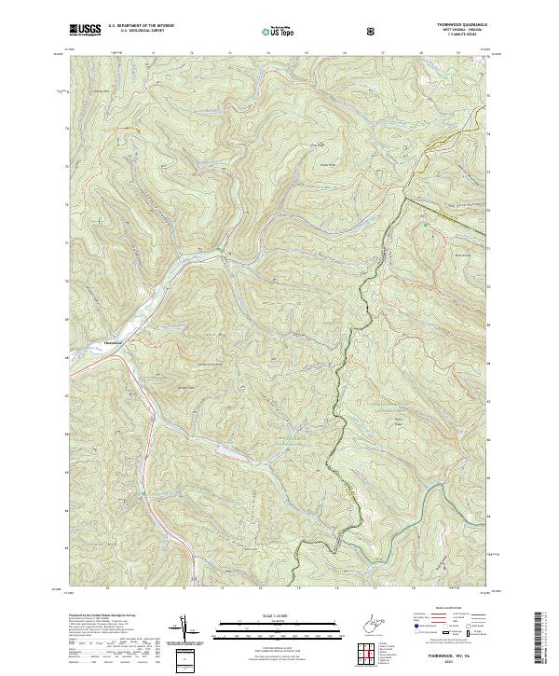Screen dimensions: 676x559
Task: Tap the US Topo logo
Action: [280, 31]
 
